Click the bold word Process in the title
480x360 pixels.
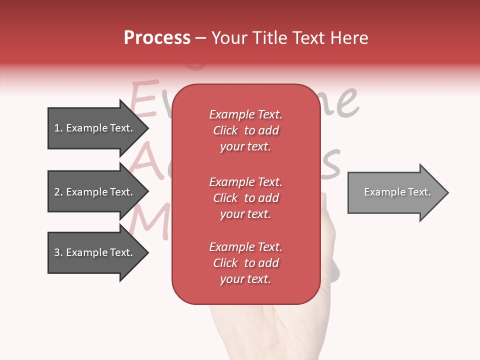click(157, 38)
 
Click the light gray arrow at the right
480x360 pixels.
click(395, 192)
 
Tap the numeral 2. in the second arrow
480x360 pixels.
click(58, 192)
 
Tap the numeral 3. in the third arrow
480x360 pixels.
click(58, 252)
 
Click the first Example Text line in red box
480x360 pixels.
click(245, 114)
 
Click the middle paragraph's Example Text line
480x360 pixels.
click(245, 181)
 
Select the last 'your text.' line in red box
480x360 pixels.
click(245, 279)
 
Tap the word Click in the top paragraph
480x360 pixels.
click(225, 130)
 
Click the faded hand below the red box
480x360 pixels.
click(260, 330)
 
